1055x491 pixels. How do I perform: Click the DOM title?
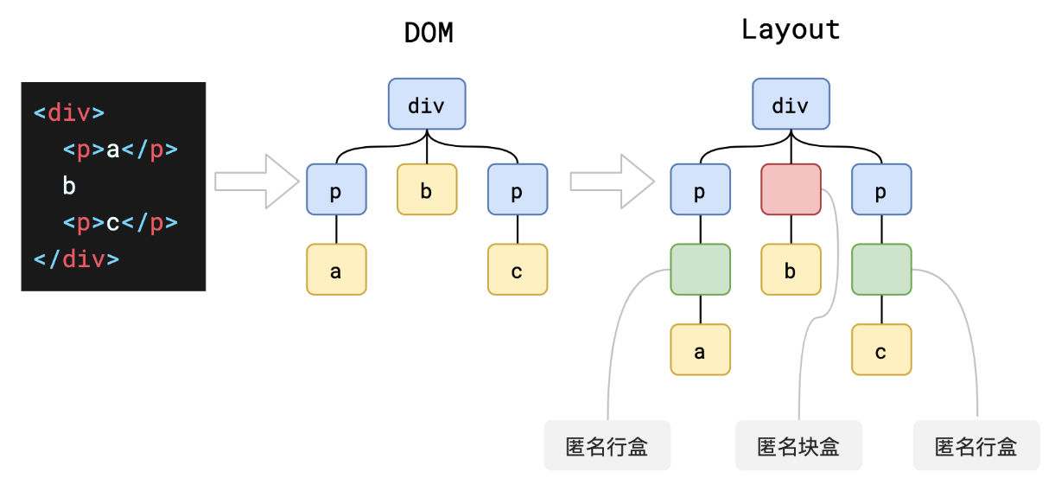tap(429, 33)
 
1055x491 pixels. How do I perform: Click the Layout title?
tap(791, 30)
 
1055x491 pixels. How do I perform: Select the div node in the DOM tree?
tap(427, 105)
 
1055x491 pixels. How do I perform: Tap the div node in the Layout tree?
tap(791, 105)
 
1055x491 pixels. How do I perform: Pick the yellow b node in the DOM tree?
tap(427, 189)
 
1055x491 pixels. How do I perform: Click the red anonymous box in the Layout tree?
tap(791, 189)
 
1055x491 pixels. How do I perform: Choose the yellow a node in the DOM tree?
tap(336, 270)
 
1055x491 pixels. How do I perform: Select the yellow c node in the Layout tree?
tap(881, 350)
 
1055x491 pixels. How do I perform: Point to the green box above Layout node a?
tap(700, 270)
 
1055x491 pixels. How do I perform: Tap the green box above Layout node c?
tap(881, 270)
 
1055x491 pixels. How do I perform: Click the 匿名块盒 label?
tap(798, 446)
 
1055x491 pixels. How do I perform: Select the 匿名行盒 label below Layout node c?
tap(976, 446)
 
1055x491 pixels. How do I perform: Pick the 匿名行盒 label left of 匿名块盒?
tap(607, 446)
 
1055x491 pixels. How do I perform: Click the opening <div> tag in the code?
tap(69, 112)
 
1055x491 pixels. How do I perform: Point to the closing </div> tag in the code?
tap(76, 259)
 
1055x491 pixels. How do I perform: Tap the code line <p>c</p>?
tap(120, 223)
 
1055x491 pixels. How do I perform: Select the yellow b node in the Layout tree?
tap(791, 270)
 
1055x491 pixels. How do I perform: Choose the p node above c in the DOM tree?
tap(518, 189)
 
